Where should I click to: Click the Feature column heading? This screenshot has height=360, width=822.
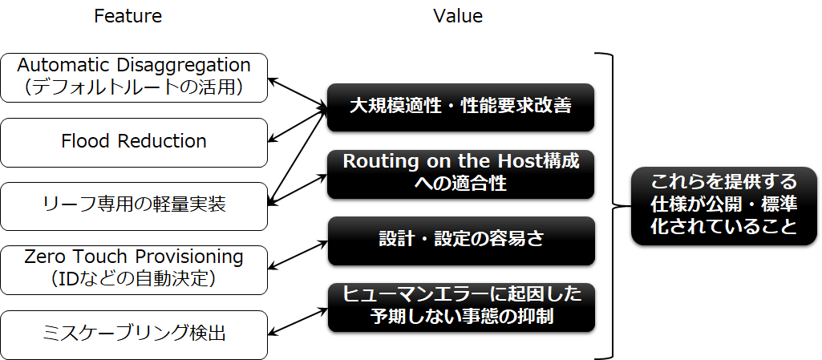click(x=128, y=16)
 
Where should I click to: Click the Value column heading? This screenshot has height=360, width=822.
click(x=458, y=16)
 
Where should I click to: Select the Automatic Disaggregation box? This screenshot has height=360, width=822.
click(x=134, y=78)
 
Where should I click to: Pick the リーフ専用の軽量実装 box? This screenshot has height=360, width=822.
click(x=134, y=206)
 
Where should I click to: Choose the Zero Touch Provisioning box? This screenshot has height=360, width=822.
click(x=134, y=270)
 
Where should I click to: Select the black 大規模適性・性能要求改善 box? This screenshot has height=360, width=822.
click(x=461, y=107)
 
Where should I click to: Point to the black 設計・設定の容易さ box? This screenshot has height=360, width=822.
click(x=461, y=241)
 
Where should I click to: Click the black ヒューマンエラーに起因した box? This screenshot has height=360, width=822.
click(x=461, y=308)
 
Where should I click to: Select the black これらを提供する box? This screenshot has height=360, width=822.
click(x=724, y=206)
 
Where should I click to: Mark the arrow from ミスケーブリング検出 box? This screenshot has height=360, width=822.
click(x=298, y=321)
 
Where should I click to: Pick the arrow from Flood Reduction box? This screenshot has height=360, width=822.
click(x=298, y=125)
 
